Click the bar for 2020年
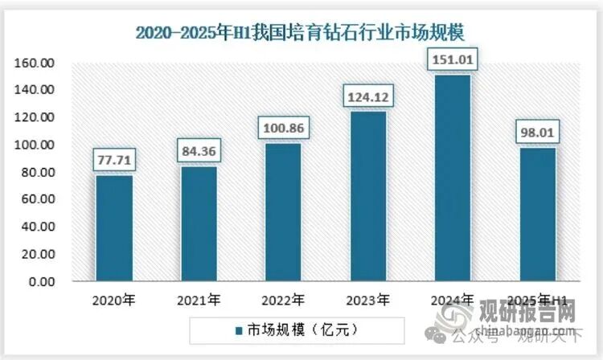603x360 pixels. [x=114, y=229]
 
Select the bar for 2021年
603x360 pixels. [x=199, y=224]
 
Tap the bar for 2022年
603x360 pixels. [x=283, y=213]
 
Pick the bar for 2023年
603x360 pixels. [x=367, y=197]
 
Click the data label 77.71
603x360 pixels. [x=113, y=160]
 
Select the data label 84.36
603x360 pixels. [x=199, y=151]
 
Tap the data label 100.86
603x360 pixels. [x=283, y=128]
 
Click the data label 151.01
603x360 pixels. [x=453, y=59]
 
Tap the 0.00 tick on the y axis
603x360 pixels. [x=41, y=283]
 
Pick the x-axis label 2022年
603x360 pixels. [x=283, y=301]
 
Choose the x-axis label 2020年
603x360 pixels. [x=113, y=301]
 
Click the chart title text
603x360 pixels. [x=301, y=32]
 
